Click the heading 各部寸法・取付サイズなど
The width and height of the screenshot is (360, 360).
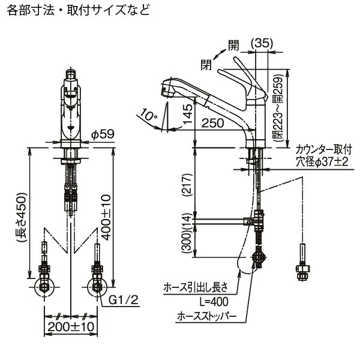pyautogui.click(x=75, y=10)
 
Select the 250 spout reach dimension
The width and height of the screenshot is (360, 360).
pyautogui.click(x=214, y=123)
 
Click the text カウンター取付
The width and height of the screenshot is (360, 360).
pyautogui.click(x=326, y=149)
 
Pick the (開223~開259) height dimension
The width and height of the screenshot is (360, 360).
pyautogui.click(x=277, y=108)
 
